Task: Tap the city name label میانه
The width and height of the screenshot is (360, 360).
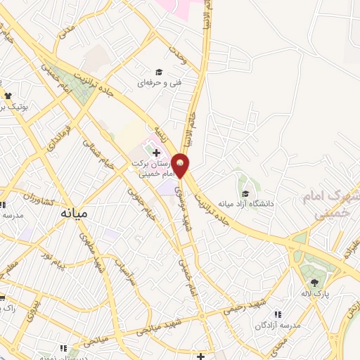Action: [74, 212]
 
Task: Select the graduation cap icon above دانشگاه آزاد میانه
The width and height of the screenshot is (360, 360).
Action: [245, 193]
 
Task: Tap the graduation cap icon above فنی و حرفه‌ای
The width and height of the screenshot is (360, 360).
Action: [159, 72]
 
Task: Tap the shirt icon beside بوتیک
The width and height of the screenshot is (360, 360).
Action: [8, 96]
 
